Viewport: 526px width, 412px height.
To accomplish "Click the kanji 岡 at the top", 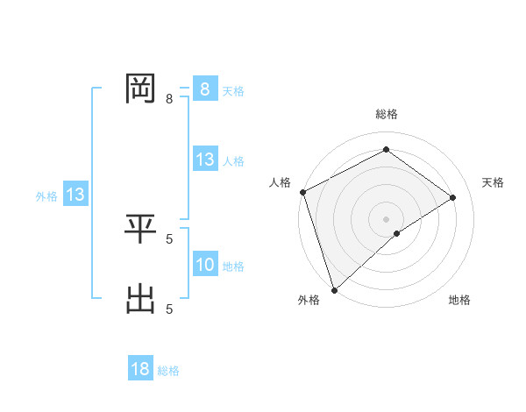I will [x=140, y=88].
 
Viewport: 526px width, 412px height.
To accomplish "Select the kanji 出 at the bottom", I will [x=140, y=299].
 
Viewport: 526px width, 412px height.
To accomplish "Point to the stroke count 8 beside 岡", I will [x=169, y=99].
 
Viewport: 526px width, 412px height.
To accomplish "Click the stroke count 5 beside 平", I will [x=169, y=238].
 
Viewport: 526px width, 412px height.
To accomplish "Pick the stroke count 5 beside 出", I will [x=169, y=308].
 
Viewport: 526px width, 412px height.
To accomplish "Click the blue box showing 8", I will [x=204, y=89].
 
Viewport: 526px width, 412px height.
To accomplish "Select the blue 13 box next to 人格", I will [x=204, y=160].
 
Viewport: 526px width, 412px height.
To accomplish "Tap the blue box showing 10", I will [x=204, y=265].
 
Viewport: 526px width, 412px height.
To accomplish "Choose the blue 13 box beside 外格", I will [x=75, y=195].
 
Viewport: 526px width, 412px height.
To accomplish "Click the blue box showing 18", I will [x=140, y=369].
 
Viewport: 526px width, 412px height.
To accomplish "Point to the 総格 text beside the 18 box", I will [x=168, y=371].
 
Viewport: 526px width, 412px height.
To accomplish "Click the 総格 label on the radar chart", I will [x=386, y=114].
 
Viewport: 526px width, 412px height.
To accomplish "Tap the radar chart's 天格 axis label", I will [x=493, y=182].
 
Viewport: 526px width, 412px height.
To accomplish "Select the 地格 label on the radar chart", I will [x=459, y=300].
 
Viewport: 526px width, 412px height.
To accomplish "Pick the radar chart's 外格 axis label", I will [x=309, y=300].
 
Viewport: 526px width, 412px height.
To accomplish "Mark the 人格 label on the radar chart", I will [x=280, y=182].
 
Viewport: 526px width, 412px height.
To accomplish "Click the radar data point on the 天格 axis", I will [x=453, y=197].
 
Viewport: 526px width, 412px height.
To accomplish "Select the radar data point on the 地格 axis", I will [x=397, y=233].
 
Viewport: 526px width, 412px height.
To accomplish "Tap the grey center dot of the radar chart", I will [x=386, y=218].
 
